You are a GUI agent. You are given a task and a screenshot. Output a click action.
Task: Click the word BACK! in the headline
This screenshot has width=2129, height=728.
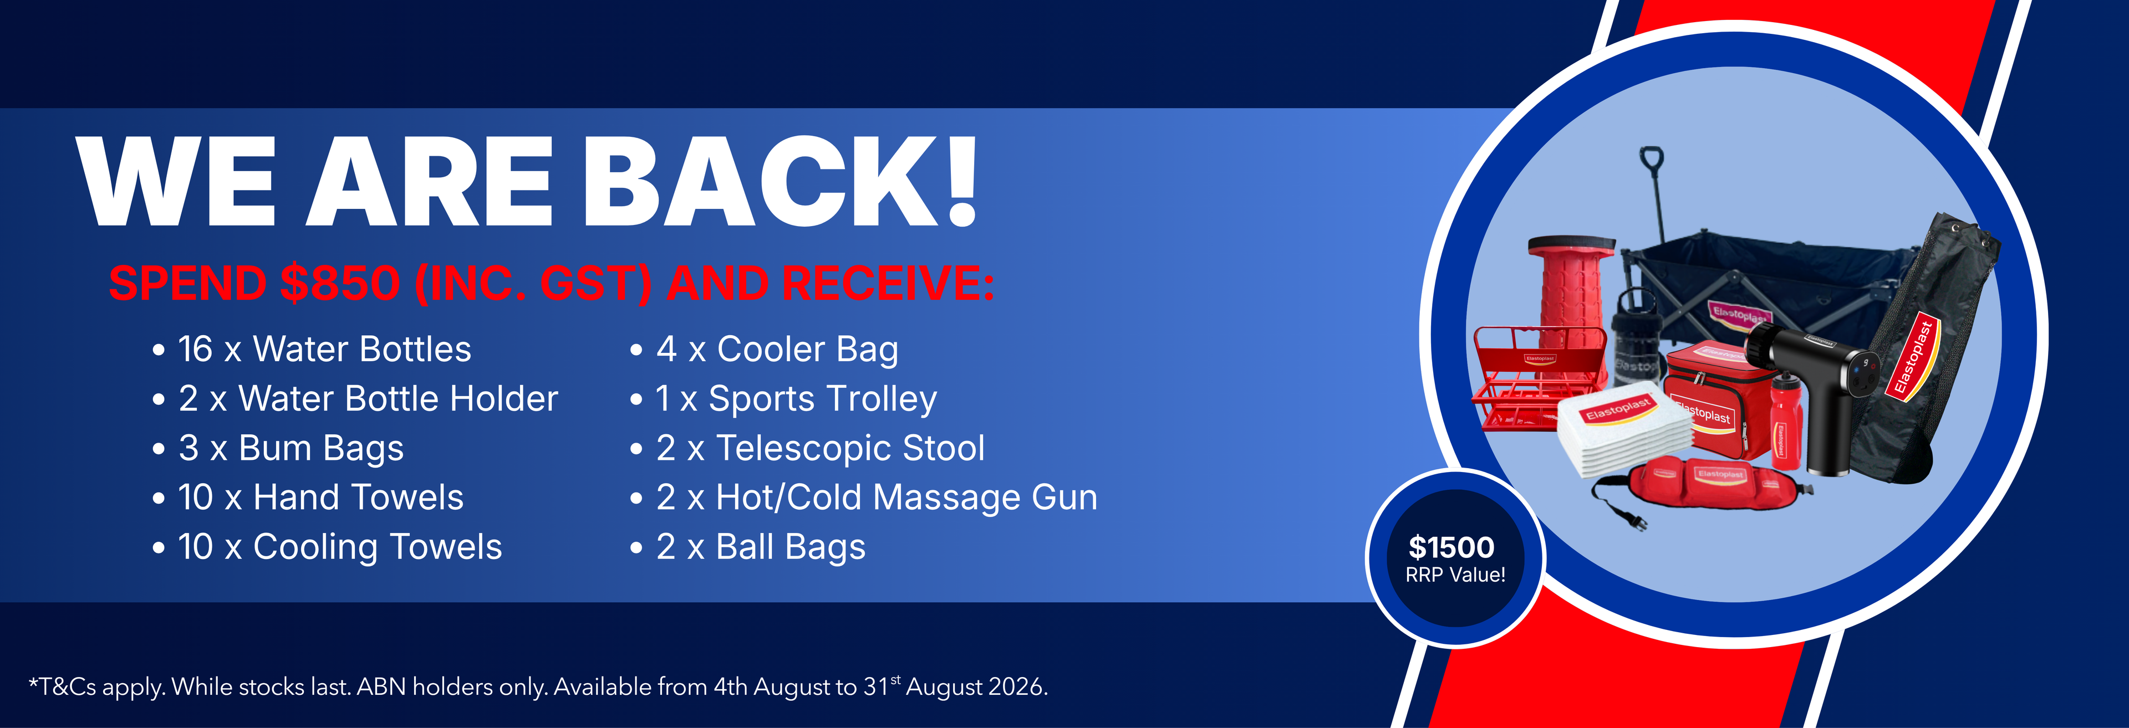pos(781,181)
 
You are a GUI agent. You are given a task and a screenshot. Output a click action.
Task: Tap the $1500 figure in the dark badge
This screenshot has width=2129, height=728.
pos(1451,547)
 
